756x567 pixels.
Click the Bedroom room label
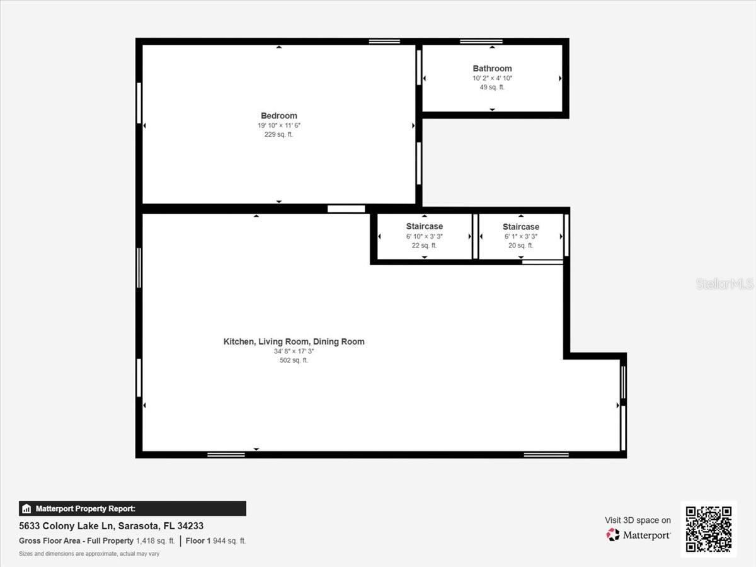coord(279,116)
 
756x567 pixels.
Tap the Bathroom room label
coord(492,69)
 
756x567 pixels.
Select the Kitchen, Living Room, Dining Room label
coord(294,341)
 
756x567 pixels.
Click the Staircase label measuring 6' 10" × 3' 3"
coord(424,226)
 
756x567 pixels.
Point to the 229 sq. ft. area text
coord(279,134)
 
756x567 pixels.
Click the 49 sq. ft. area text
coord(492,87)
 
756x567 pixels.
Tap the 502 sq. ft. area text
coord(294,360)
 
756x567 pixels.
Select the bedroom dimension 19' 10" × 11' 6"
coord(279,125)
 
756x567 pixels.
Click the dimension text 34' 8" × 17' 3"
coord(294,352)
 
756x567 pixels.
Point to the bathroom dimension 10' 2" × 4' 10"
coord(492,78)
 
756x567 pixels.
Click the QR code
coord(709,529)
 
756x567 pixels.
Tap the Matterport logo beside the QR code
coord(638,535)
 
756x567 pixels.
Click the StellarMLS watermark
coord(724,284)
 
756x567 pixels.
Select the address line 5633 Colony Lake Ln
coord(111,525)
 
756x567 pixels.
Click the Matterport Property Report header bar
coord(132,508)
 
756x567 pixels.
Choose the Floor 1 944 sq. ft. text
coord(216,541)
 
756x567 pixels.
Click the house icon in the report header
coord(26,508)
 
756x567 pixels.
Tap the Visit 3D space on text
coord(638,520)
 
